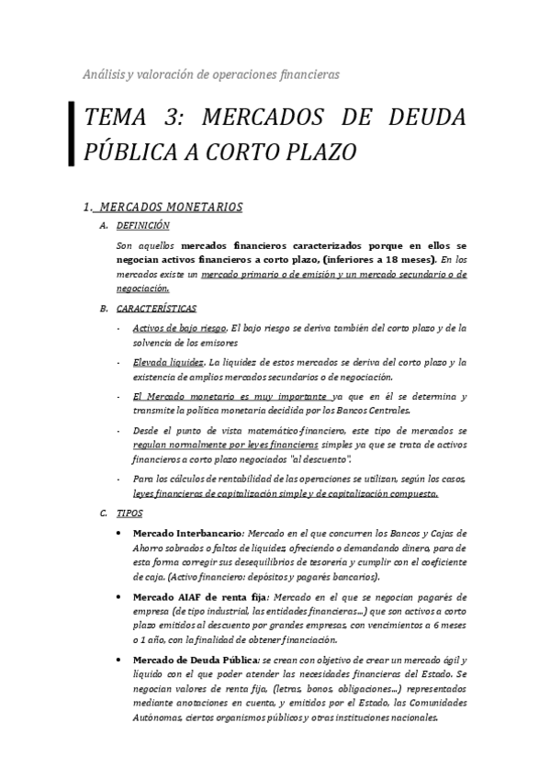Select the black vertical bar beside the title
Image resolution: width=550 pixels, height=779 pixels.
tap(72, 134)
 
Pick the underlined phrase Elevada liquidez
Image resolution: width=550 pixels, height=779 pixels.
tap(168, 362)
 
